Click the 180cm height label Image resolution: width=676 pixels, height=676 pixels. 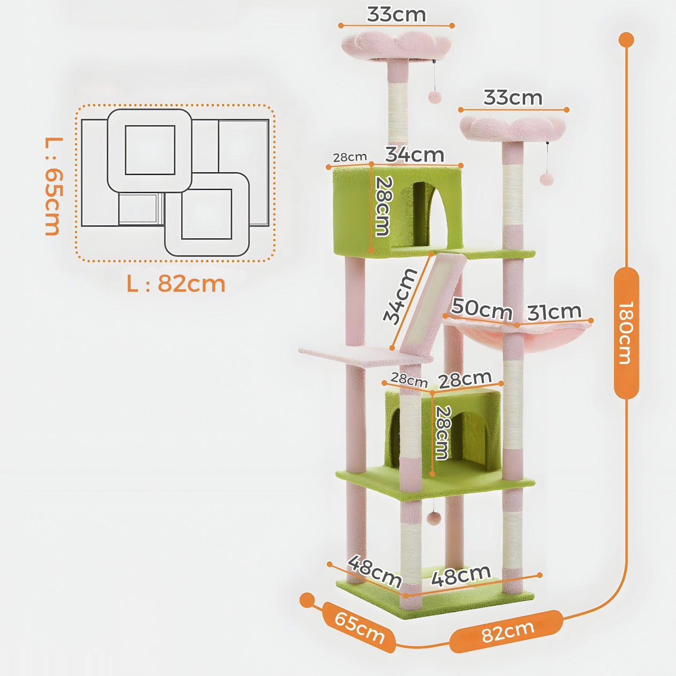[626, 333]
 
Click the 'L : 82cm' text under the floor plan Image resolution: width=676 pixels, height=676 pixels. [176, 283]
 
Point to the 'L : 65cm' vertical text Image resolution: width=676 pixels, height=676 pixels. [53, 186]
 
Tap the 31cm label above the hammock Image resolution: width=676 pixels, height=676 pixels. [554, 312]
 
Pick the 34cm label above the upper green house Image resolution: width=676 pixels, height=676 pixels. [414, 154]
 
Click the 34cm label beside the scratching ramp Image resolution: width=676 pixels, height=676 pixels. [400, 296]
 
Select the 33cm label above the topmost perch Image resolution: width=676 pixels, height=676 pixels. [396, 14]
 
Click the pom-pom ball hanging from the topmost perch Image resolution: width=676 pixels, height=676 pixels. [435, 97]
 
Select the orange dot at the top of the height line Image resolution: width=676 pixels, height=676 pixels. [626, 40]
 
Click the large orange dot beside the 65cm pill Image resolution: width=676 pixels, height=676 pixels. [307, 600]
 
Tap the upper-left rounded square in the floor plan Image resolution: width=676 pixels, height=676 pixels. [150, 150]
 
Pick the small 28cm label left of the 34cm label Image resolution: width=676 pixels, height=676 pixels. [349, 157]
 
